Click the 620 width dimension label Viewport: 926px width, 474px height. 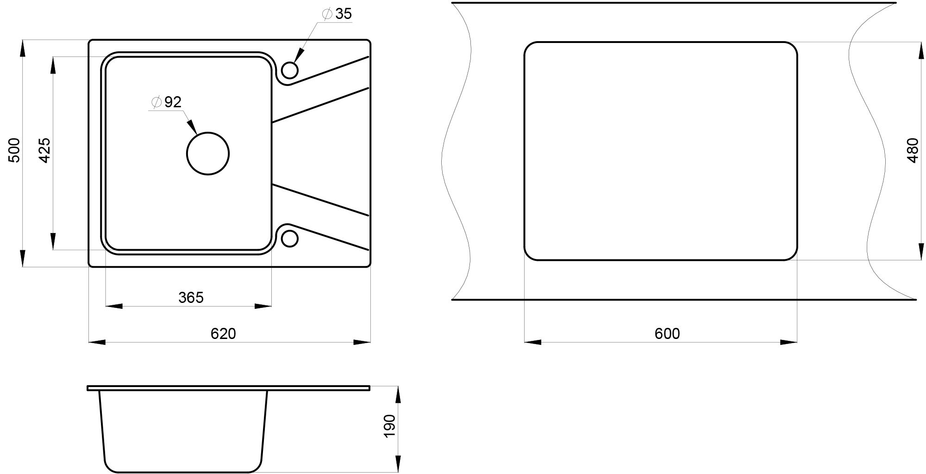pyautogui.click(x=223, y=333)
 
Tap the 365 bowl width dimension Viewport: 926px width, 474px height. pyautogui.click(x=191, y=297)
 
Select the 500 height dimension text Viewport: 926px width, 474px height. pyautogui.click(x=15, y=150)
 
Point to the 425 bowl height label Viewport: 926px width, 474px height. pyautogui.click(x=44, y=150)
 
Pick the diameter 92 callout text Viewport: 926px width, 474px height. pyautogui.click(x=166, y=102)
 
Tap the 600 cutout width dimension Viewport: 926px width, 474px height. pyautogui.click(x=667, y=333)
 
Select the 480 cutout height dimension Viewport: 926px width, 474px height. pyautogui.click(x=913, y=150)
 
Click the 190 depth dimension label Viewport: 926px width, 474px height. pyautogui.click(x=390, y=426)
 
